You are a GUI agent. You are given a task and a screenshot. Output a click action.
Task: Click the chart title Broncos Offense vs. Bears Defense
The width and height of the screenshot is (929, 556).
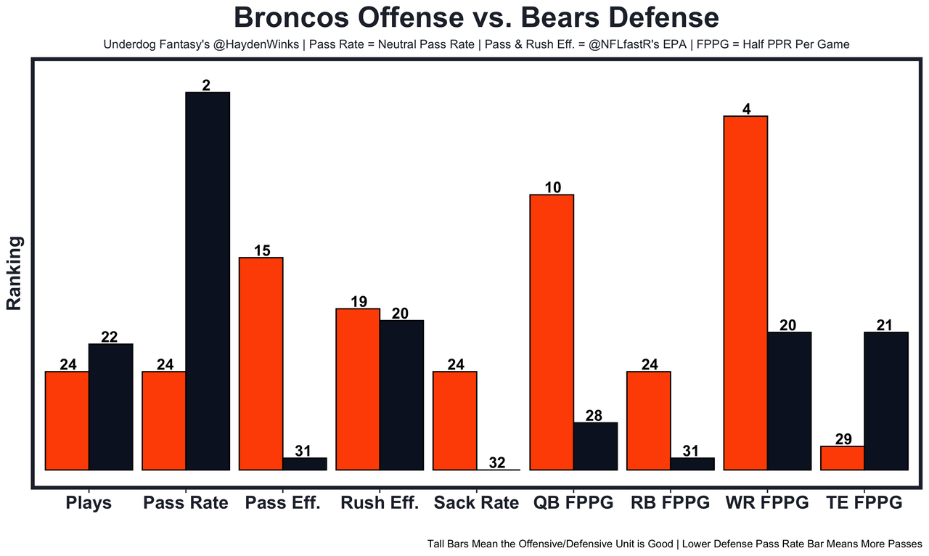coord(476,17)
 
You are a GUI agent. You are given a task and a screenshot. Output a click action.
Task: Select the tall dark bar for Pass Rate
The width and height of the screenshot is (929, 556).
coord(208,281)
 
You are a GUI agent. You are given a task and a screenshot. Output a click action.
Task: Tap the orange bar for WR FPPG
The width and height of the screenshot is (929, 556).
coord(746,293)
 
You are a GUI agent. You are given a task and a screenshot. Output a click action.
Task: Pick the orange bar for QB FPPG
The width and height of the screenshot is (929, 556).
coord(552,332)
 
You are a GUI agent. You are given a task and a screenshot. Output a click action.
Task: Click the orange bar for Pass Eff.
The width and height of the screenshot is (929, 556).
coord(261,364)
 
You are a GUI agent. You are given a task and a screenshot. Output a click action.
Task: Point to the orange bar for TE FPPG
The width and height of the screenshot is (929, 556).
coord(843,458)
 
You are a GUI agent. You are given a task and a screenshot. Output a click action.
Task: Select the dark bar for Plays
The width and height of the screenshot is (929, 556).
coord(110,406)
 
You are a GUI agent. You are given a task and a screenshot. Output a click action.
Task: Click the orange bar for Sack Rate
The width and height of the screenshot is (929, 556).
coord(455,420)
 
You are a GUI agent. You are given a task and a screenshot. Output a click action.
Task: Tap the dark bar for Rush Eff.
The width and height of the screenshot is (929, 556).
coord(401,395)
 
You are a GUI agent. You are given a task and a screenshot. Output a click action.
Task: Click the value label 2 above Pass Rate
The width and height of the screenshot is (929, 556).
coord(207,85)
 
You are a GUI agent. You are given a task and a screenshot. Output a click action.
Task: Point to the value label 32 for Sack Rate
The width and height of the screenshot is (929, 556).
coord(497,462)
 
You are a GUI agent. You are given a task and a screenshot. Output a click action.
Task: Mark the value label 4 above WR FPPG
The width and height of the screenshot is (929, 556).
coord(746,109)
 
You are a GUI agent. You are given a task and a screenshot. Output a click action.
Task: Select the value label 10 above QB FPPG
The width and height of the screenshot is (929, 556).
coord(552,187)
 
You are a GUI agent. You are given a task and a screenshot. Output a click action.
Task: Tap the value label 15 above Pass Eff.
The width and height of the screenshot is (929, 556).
coord(262,250)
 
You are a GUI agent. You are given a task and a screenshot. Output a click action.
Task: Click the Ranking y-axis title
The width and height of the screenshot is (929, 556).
coord(15,274)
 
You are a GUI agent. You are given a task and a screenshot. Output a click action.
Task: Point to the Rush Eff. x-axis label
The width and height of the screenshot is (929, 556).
coord(380,502)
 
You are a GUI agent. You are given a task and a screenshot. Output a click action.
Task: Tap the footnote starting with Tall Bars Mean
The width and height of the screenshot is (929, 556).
coord(674,543)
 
